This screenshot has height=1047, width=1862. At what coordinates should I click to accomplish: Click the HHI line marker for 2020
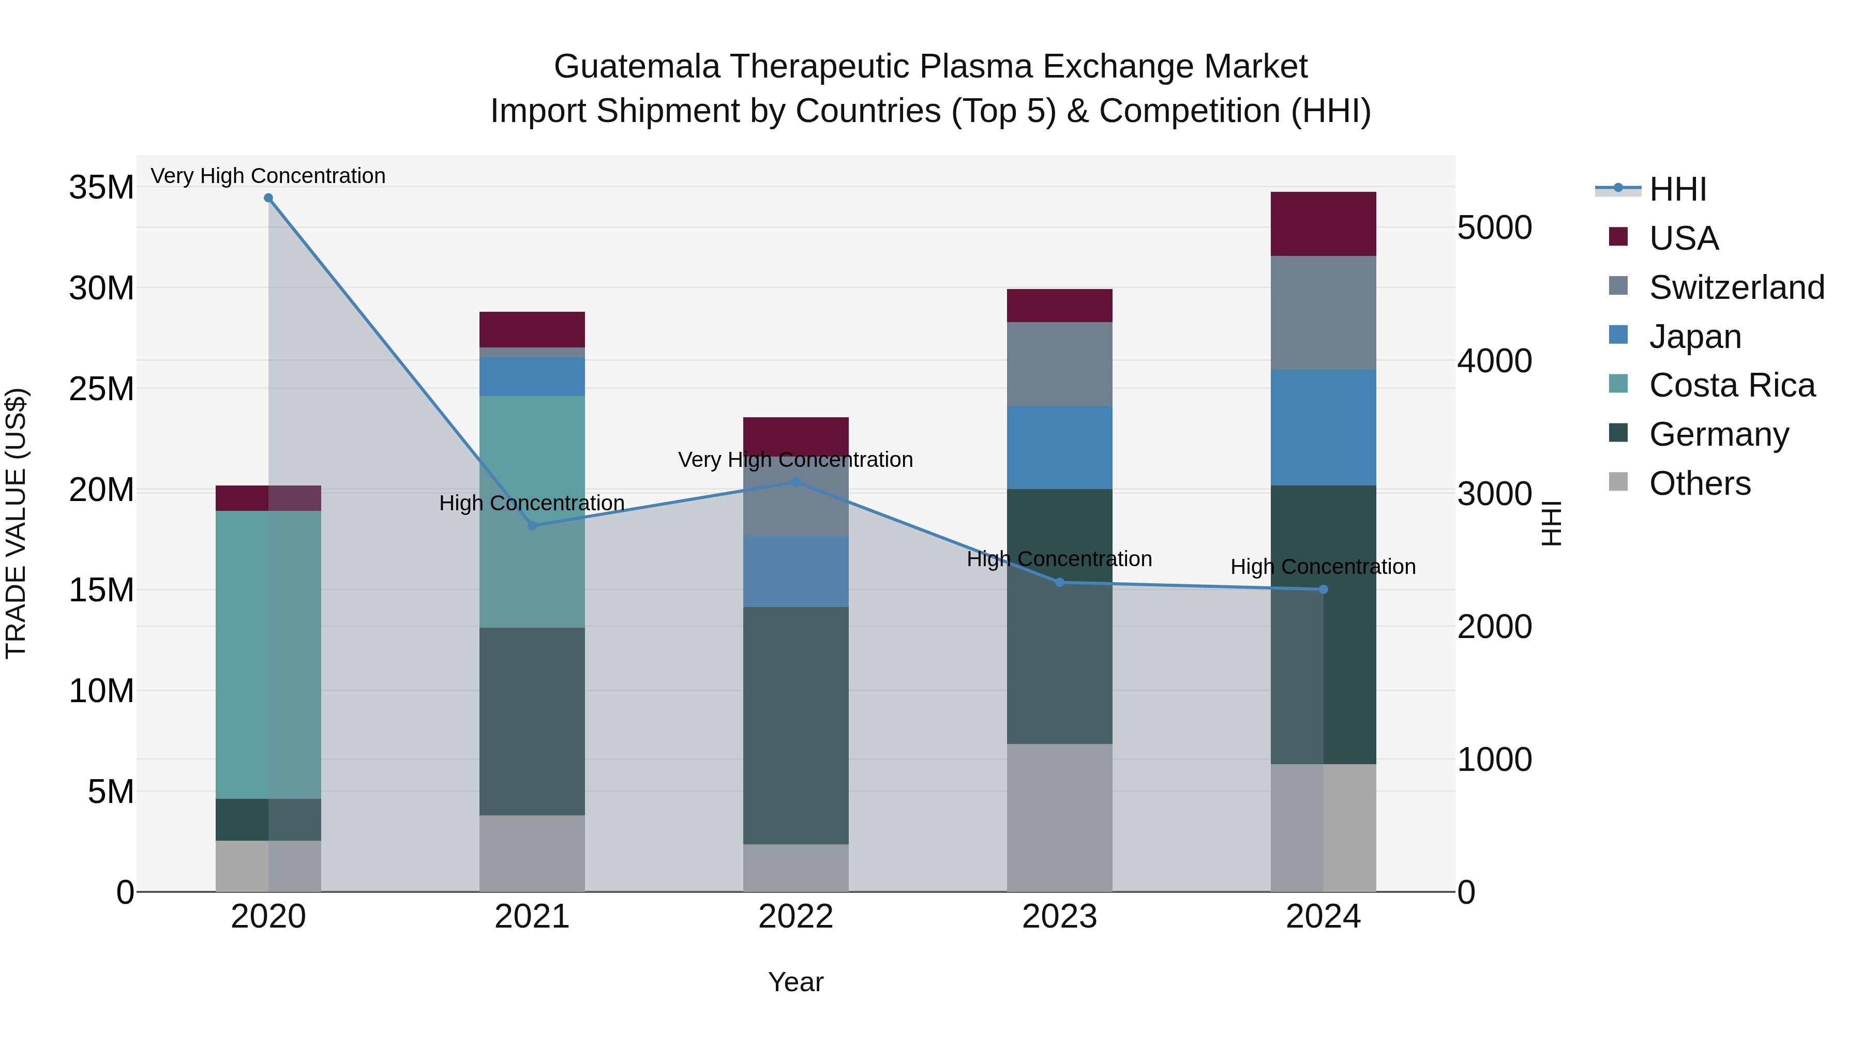[x=268, y=198]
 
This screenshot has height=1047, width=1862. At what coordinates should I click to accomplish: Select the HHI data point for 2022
[x=796, y=482]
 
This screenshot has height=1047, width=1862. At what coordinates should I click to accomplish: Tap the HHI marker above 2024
[x=1324, y=589]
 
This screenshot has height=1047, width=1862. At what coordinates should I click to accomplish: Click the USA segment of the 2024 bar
[x=1324, y=224]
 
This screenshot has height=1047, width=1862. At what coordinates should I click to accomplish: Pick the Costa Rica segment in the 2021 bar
[x=532, y=511]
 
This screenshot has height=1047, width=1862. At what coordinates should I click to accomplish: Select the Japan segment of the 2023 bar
[x=1060, y=447]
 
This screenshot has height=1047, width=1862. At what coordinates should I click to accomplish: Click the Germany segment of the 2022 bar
[x=796, y=725]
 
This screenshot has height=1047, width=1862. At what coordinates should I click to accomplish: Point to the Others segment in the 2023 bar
[x=1060, y=817]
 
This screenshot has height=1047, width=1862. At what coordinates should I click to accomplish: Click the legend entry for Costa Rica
[x=1731, y=385]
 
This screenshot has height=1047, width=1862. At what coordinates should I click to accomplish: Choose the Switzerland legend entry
[x=1736, y=287]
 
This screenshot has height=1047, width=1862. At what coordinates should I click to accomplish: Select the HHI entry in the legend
[x=1677, y=189]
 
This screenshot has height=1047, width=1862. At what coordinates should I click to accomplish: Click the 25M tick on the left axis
[x=101, y=389]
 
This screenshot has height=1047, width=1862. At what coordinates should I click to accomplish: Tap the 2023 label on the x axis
[x=1060, y=917]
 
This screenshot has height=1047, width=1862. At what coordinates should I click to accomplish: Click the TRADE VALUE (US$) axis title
[x=16, y=523]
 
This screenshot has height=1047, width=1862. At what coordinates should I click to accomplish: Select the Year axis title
[x=796, y=982]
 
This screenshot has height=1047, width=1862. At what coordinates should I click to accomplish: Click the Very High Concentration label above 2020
[x=268, y=176]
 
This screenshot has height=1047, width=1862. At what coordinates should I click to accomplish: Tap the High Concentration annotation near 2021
[x=532, y=503]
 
